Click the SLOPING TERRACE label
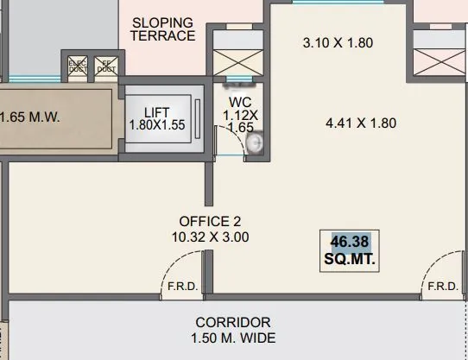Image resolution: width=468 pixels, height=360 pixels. (163, 28)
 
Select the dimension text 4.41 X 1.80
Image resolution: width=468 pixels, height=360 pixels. (360, 123)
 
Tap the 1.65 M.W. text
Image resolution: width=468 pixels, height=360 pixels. (29, 117)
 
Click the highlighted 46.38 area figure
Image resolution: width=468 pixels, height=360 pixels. (354, 241)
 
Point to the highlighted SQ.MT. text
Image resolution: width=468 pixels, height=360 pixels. (354, 258)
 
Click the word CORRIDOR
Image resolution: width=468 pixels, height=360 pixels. (233, 321)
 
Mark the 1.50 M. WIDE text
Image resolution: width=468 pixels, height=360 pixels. (233, 338)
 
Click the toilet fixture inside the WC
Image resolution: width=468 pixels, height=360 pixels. (255, 145)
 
